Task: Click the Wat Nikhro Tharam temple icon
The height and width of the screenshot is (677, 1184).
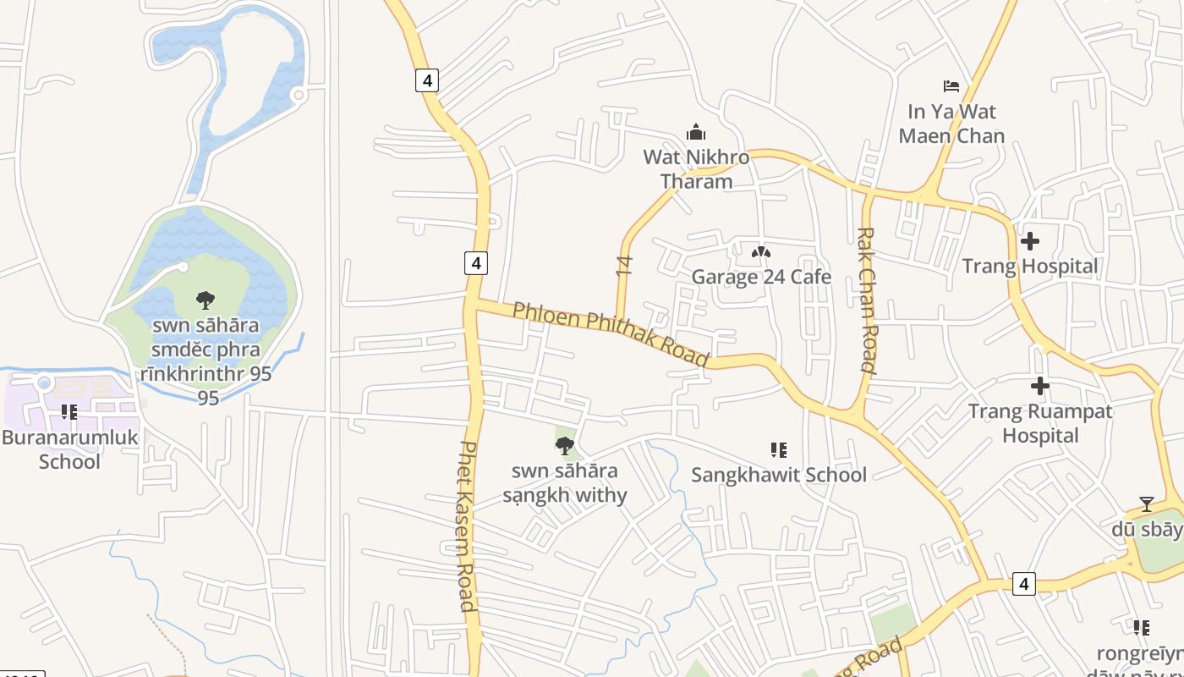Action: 696,132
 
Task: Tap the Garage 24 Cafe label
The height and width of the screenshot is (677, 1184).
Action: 761,277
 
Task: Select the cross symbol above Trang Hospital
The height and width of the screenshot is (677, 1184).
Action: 1029,241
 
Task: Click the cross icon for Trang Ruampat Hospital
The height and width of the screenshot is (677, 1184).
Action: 1039,387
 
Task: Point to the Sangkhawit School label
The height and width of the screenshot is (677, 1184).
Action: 779,475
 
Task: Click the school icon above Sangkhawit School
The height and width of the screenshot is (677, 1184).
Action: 779,450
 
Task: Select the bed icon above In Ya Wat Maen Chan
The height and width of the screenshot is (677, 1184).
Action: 951,85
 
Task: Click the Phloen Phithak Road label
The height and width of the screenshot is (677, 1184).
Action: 610,333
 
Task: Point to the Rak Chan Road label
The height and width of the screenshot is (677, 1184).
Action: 866,300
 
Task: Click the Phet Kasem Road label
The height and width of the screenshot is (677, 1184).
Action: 466,526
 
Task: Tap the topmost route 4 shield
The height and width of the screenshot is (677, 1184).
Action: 427,80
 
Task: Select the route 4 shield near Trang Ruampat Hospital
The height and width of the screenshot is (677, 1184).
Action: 1023,583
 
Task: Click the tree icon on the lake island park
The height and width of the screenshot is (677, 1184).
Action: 205,300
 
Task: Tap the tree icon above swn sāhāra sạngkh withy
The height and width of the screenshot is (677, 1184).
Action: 565,445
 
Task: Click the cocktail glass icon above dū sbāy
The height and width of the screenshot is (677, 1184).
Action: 1146,504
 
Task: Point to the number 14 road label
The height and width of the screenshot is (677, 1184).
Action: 624,266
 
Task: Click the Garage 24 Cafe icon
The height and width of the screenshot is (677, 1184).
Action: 761,252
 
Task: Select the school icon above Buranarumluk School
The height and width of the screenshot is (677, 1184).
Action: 69,412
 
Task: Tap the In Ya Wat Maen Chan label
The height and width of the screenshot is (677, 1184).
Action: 951,124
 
